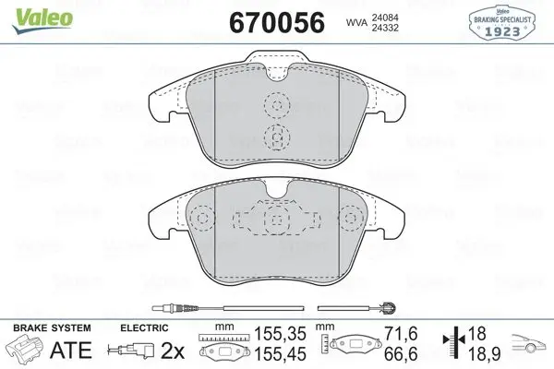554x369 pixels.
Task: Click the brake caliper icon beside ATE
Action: (x=25, y=350)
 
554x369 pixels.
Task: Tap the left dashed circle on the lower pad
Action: (x=199, y=220)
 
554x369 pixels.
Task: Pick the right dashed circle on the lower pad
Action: (x=351, y=220)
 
